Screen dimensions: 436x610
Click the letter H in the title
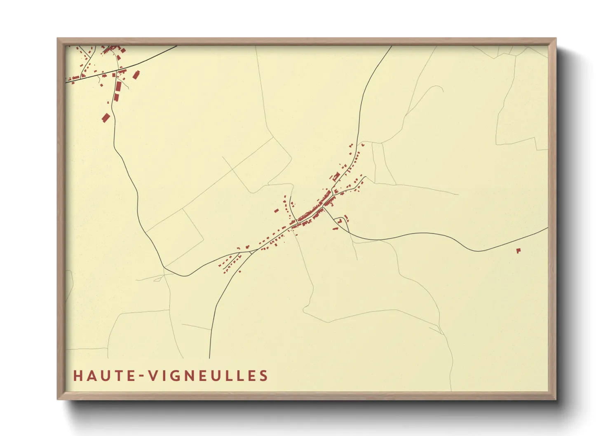[77, 376]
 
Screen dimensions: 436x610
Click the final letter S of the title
[264, 376]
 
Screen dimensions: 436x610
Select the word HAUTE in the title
[103, 376]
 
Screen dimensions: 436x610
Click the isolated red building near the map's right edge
[518, 250]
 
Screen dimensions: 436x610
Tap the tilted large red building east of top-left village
[135, 75]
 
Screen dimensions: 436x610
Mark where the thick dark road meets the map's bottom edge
[209, 358]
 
